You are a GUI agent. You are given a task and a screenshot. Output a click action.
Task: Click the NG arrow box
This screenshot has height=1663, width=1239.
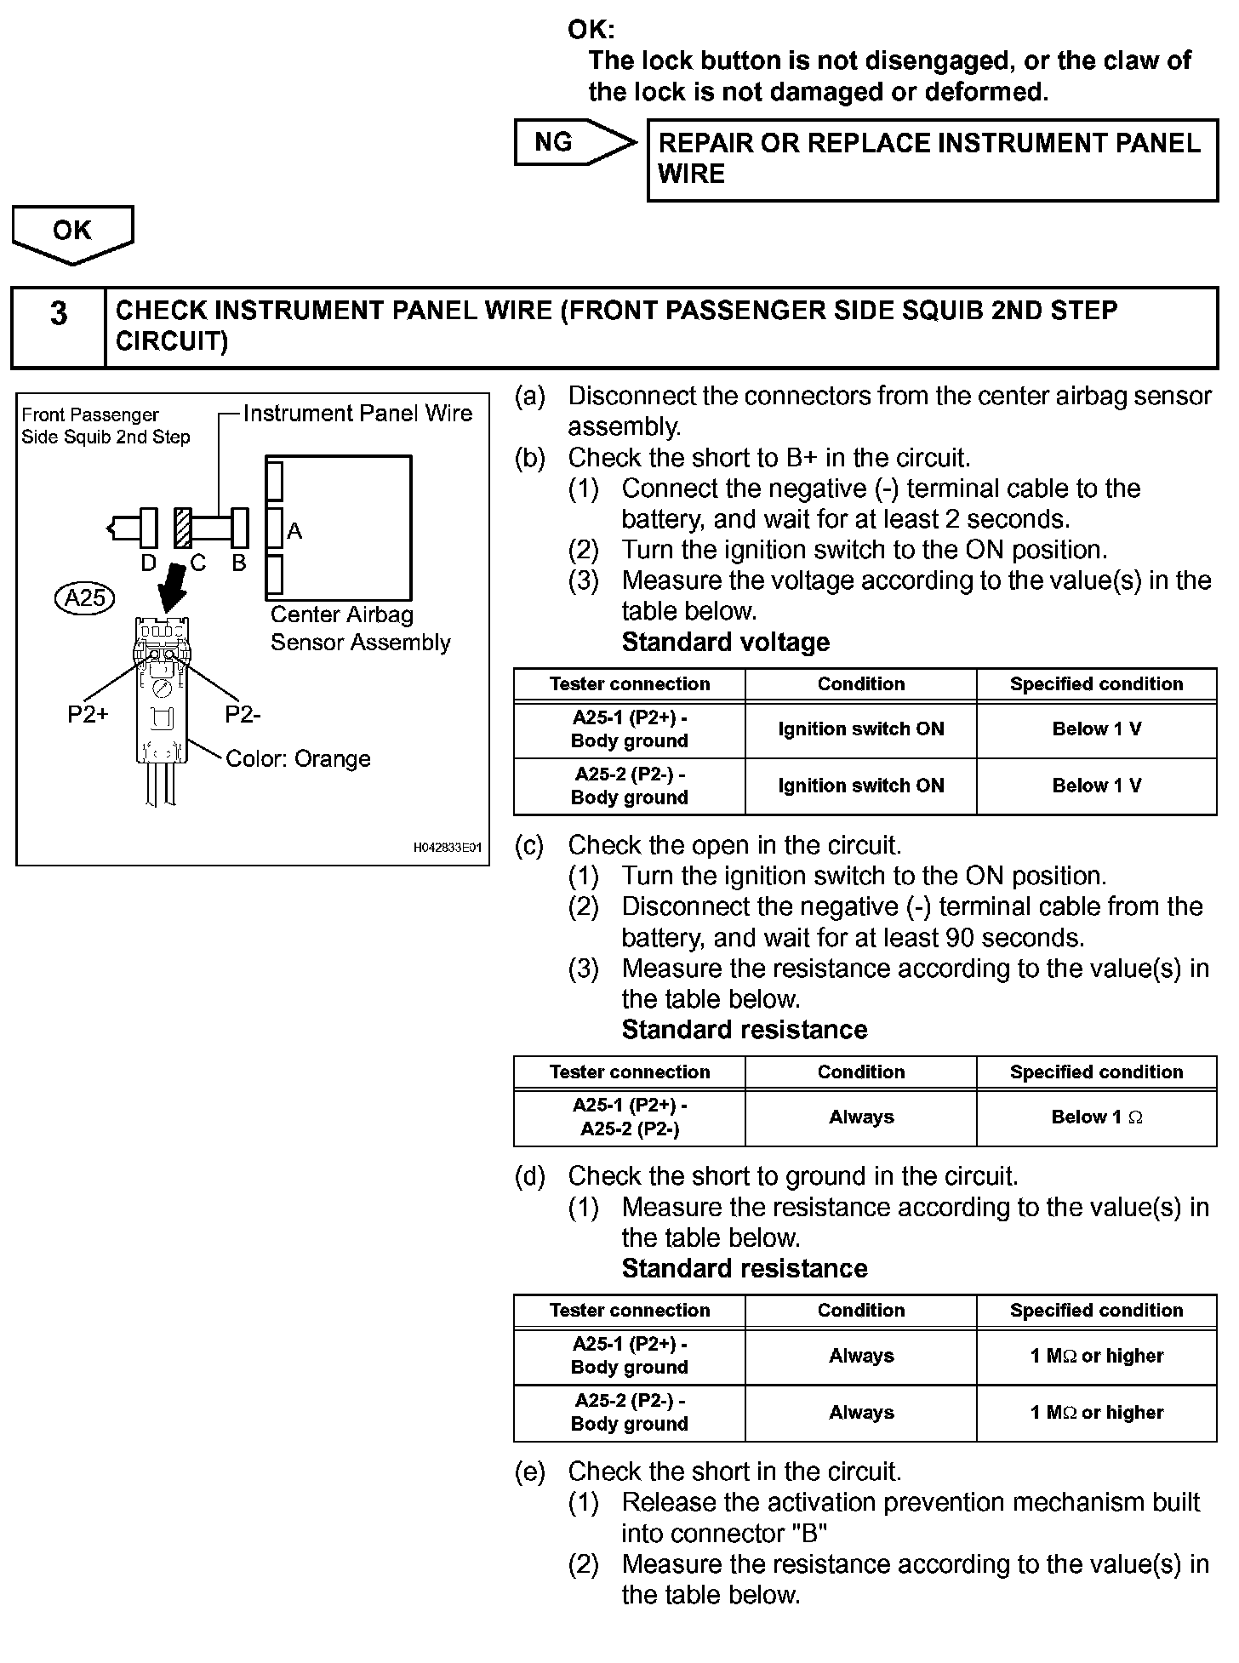(x=570, y=143)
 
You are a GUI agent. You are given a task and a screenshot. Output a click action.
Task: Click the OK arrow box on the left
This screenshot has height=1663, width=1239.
(x=72, y=231)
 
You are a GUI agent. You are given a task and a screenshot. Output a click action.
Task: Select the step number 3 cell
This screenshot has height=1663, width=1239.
(x=58, y=328)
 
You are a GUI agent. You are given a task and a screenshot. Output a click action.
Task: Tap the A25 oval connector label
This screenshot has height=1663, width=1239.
(x=85, y=598)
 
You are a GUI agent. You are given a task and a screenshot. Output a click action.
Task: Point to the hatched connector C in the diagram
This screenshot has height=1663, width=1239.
(x=182, y=529)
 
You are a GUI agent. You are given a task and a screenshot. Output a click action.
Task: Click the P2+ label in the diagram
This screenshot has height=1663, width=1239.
(x=88, y=715)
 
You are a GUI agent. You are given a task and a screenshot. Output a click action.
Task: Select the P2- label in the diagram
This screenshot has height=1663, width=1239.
(x=243, y=715)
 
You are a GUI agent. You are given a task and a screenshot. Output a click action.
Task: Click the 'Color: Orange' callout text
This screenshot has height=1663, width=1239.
(x=298, y=759)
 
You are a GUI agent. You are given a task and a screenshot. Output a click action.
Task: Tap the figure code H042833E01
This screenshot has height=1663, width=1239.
(x=448, y=848)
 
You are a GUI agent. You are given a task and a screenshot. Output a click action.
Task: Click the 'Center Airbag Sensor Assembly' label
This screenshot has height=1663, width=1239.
(x=359, y=629)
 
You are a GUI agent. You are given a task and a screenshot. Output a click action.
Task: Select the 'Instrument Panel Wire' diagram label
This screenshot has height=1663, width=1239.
(x=357, y=414)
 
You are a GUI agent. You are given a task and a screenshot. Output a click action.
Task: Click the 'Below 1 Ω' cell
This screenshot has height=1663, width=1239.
(x=1096, y=1117)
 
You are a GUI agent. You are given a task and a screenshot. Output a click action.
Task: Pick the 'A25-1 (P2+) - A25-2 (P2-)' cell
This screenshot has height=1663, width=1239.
(x=630, y=1117)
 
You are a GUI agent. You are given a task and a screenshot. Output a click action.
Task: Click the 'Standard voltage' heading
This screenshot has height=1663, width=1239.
(x=725, y=643)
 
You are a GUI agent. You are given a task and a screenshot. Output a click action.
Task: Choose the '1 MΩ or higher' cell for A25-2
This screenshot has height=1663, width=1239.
(x=1096, y=1413)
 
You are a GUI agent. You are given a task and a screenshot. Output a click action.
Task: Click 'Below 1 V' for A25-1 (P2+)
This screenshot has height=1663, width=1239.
(x=1096, y=729)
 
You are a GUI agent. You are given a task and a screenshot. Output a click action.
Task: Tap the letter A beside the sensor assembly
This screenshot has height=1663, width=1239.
(x=294, y=531)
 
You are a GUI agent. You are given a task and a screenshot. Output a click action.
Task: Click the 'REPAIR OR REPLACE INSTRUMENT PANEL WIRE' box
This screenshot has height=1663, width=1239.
(x=932, y=159)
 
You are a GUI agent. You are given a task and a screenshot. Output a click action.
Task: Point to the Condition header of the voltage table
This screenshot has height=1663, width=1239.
(x=861, y=684)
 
